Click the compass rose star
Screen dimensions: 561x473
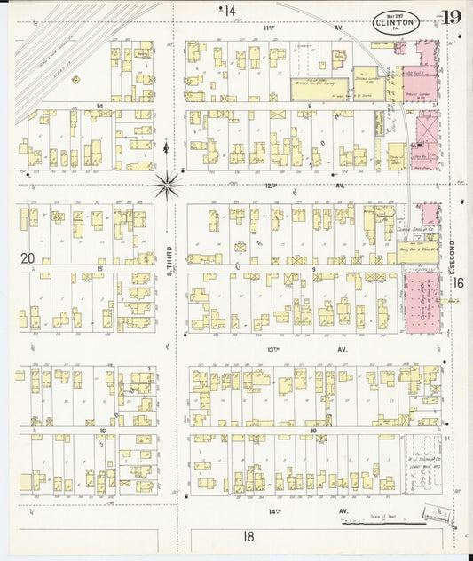pos(167,186)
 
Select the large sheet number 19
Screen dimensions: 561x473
pos(451,18)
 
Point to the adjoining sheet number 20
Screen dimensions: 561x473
pos(27,258)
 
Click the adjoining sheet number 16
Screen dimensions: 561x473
pos(459,282)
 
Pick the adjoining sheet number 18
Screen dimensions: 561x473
pos(249,536)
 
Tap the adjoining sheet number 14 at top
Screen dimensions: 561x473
pos(230,11)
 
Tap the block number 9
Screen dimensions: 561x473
pos(313,269)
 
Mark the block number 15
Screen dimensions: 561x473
pos(100,268)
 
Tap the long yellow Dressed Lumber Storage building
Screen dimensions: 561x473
pos(319,88)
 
